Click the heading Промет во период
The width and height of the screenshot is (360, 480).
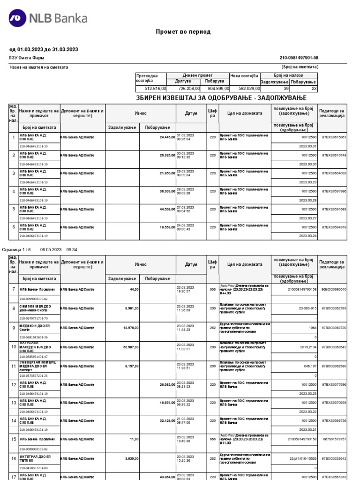(183, 32)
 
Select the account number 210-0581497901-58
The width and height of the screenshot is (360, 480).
(299, 58)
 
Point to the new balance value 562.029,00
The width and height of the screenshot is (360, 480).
(246, 88)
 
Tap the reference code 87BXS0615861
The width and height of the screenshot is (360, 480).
(334, 137)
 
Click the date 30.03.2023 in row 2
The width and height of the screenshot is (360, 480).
(185, 153)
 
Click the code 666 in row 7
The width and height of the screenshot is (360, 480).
(213, 289)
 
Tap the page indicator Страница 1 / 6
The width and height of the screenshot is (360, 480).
(17, 250)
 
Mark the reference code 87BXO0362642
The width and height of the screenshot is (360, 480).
(334, 347)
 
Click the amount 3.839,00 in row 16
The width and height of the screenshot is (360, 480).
(130, 458)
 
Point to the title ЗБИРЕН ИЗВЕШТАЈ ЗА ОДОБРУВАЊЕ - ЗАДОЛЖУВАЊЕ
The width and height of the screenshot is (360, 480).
(221, 97)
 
